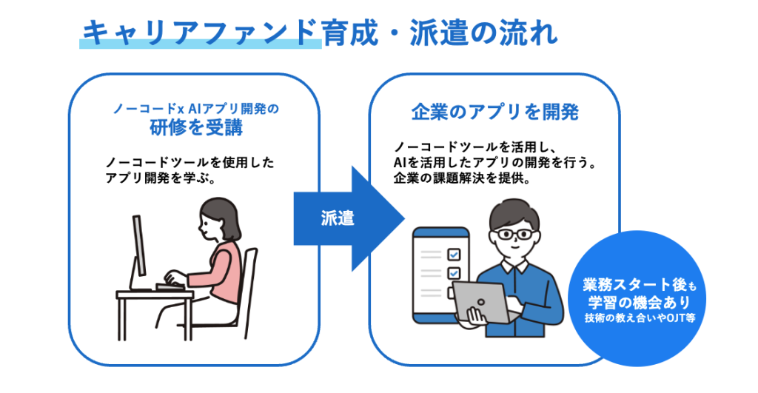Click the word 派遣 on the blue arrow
point(338,218)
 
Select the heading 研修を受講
point(195,127)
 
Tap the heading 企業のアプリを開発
point(494,112)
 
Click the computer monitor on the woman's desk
point(138,252)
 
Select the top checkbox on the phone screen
point(455,253)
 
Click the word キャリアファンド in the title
point(200,33)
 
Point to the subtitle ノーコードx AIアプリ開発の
point(195,109)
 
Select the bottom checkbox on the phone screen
point(455,291)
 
